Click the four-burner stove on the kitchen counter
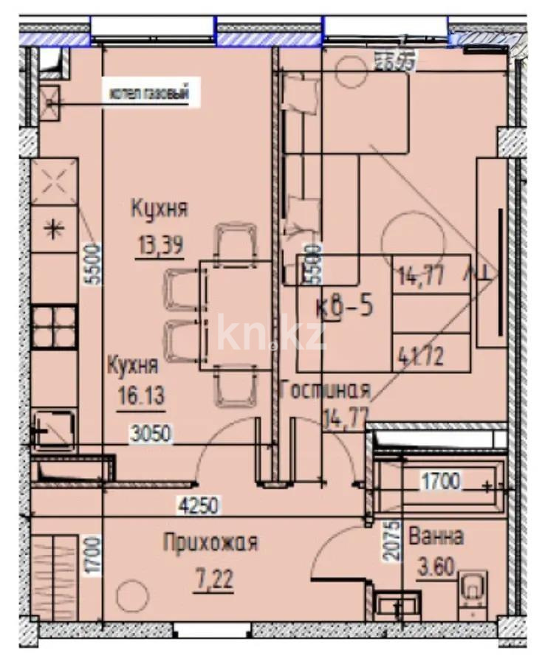[x=55, y=327]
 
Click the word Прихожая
[x=210, y=544]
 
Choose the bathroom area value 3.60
[x=436, y=569]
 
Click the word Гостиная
[x=325, y=390]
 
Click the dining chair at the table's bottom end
[x=235, y=388]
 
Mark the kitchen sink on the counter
[x=54, y=426]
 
